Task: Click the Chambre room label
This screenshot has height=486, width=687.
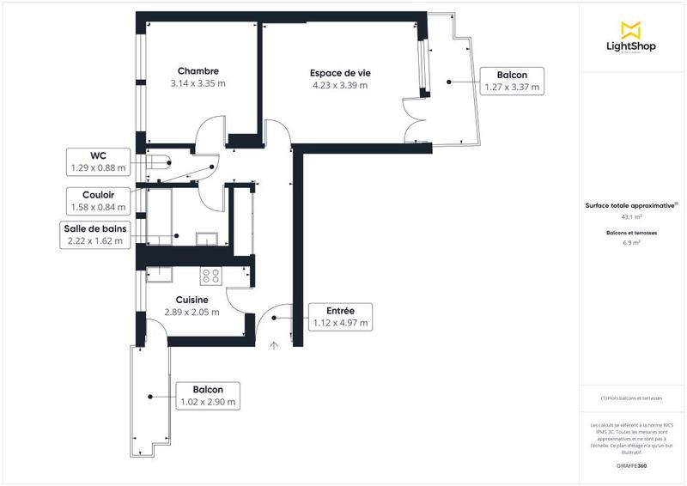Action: click(198, 70)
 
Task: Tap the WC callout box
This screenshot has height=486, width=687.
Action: click(97, 161)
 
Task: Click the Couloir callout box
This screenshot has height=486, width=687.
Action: click(97, 201)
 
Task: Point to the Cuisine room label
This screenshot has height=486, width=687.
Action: click(192, 300)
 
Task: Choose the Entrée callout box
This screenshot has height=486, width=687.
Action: click(341, 317)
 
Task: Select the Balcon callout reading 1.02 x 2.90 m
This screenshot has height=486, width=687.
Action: click(206, 395)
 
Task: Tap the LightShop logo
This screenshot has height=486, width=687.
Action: click(631, 39)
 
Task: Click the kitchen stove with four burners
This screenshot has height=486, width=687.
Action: click(210, 276)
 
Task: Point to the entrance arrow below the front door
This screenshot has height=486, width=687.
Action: click(274, 346)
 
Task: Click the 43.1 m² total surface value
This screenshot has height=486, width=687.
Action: click(631, 217)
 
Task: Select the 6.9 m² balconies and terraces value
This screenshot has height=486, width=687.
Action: click(631, 243)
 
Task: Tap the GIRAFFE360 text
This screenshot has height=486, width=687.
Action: click(631, 465)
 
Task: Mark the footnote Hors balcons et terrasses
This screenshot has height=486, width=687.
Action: click(631, 398)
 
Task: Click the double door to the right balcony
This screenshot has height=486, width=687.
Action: click(416, 122)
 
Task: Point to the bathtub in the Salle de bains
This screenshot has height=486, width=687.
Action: click(161, 217)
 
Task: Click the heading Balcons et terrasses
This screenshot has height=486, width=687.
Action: click(631, 233)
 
